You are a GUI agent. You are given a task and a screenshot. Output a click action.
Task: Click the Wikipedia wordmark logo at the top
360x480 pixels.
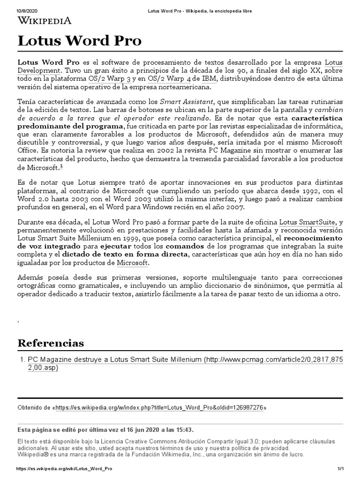tap(45, 20)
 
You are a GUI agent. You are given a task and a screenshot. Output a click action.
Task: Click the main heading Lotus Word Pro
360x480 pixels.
tap(79, 41)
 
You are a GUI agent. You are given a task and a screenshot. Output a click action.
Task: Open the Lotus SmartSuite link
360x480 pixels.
tap(307, 221)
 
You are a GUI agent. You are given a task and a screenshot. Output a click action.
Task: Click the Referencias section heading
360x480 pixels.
tap(51, 343)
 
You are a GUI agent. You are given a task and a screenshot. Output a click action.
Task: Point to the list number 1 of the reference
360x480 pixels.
tap(22, 360)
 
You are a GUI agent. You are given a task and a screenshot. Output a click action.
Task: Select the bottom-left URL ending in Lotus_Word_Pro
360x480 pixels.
tap(64, 469)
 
